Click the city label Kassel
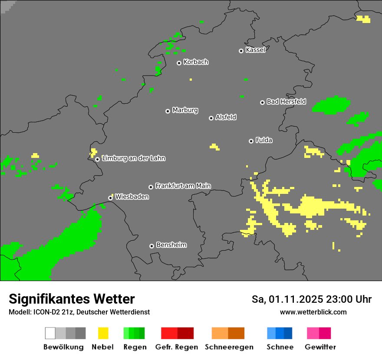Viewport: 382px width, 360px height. click(x=255, y=50)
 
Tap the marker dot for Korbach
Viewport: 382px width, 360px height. click(x=179, y=63)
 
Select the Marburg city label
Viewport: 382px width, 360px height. click(x=185, y=110)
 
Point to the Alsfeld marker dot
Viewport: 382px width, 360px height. click(x=211, y=118)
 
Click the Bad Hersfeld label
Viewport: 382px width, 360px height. click(x=286, y=101)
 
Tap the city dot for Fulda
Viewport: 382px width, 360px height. click(x=251, y=141)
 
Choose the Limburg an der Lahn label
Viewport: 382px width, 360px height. click(x=133, y=158)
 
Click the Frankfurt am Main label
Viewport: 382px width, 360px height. click(x=183, y=186)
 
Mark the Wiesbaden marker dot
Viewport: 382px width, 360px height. click(x=110, y=198)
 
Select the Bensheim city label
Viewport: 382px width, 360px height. click(x=171, y=245)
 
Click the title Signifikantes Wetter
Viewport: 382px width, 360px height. click(x=72, y=299)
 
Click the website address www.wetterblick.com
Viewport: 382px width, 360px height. click(x=313, y=312)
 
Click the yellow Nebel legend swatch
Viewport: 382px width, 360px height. click(x=103, y=333)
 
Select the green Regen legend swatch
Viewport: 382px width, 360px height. click(x=134, y=333)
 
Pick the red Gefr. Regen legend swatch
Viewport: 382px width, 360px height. click(x=177, y=333)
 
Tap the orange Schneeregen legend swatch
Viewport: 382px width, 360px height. click(x=228, y=333)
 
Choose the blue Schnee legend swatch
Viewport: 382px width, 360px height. click(x=280, y=333)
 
